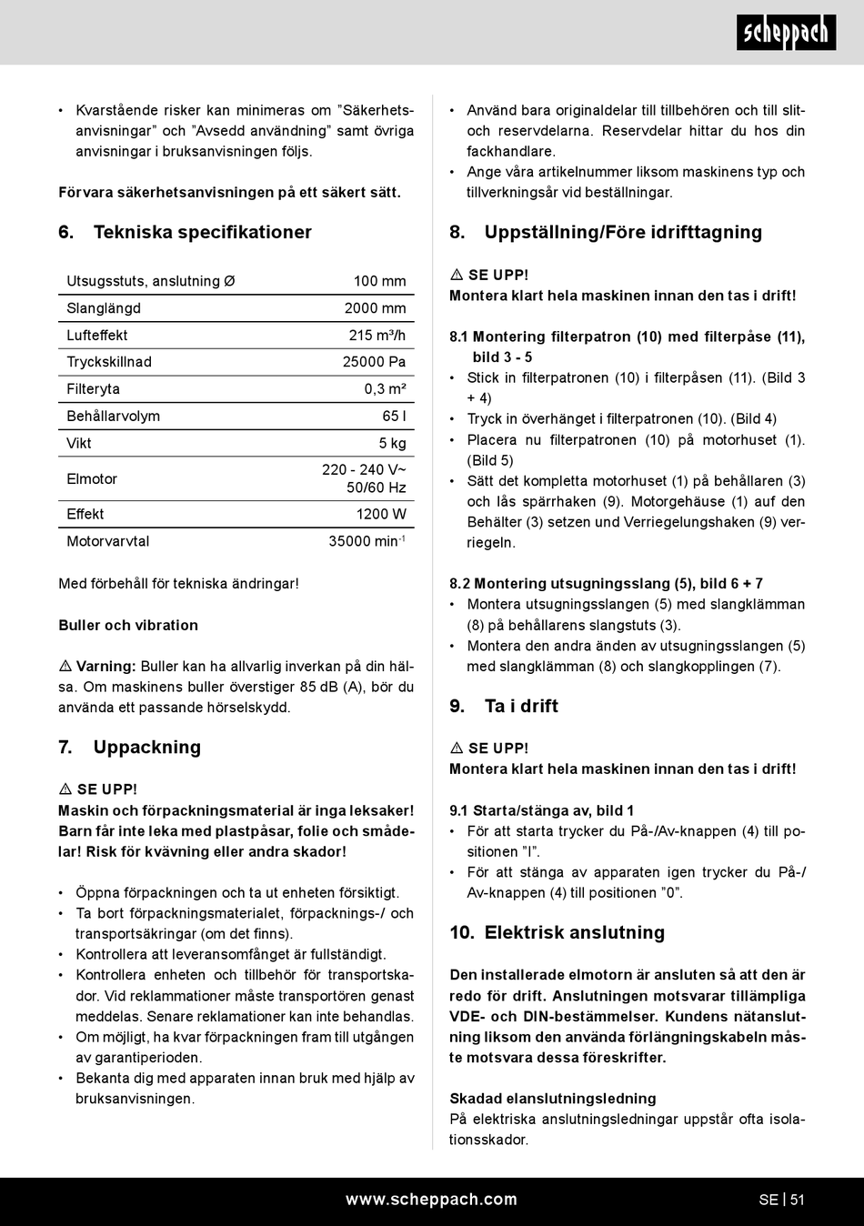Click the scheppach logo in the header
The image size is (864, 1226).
pos(786,34)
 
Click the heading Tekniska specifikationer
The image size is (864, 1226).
pos(202,232)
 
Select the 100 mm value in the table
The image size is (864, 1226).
pos(379,282)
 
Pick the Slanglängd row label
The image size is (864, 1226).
pos(104,308)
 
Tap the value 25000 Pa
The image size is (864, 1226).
pos(374,362)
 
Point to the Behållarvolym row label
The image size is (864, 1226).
pos(113,417)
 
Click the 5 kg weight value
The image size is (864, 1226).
pos(392,444)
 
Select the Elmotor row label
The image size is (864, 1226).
pos(92,479)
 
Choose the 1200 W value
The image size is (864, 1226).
pos(381,515)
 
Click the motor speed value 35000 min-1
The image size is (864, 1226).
pos(367,541)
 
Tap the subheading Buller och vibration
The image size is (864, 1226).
pos(128,626)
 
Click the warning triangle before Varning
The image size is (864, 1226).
pos(65,667)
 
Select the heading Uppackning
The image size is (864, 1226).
pos(146,748)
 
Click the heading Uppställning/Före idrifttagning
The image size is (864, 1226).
pos(623,232)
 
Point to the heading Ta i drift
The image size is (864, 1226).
pos(521,706)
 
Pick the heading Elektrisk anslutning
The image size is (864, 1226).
pos(574,932)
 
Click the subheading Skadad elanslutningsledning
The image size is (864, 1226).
pos(552,1099)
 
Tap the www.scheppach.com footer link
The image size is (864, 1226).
pos(431,1200)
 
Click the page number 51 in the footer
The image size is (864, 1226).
pos(797,1200)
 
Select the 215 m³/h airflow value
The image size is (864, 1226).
pos(377,336)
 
